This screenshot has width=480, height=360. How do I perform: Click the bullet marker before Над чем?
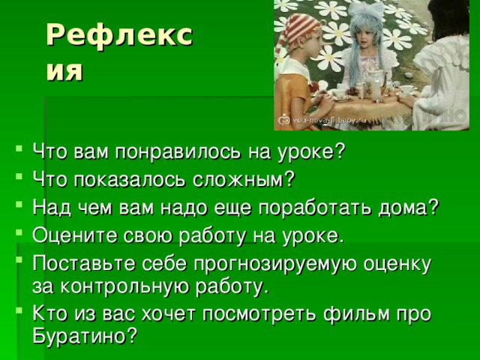(x=19, y=203)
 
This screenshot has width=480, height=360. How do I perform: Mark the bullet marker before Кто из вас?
(x=19, y=310)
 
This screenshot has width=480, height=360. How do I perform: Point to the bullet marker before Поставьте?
(x=19, y=260)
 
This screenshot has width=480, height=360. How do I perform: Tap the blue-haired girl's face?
(x=367, y=37)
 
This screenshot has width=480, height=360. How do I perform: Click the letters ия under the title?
(x=64, y=72)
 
